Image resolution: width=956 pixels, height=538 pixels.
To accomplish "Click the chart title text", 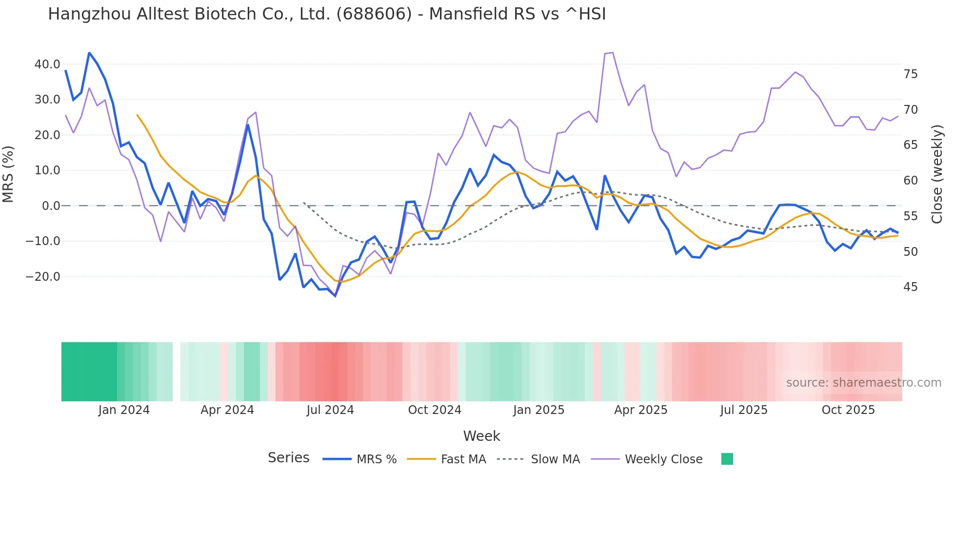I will (327, 14).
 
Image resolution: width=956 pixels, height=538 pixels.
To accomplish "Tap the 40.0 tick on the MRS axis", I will (47, 64).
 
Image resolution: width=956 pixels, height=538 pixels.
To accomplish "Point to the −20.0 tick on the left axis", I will (43, 277).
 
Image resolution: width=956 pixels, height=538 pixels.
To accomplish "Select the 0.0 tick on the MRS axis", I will (51, 206).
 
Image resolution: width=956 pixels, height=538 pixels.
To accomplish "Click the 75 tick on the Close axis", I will (910, 74).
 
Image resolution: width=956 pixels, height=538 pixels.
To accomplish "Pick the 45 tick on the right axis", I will (910, 287).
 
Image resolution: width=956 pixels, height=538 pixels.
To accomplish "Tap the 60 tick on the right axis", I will (910, 181).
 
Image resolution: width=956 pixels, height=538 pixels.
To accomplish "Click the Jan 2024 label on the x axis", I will (124, 410).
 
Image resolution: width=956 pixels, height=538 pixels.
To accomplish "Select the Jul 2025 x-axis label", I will (743, 410).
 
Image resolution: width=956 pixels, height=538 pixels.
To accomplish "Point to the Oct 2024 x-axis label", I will (435, 410).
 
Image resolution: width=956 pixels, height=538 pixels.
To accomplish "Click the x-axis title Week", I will (481, 436).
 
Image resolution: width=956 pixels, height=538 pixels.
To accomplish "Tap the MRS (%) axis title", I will (8, 174).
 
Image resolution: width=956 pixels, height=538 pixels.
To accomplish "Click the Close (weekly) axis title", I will (937, 174).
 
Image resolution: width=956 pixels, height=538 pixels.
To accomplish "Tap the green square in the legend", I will (727, 459).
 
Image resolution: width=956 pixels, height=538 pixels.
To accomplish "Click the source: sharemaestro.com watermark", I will (863, 383).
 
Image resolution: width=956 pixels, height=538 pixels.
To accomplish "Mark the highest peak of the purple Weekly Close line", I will (612, 53).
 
